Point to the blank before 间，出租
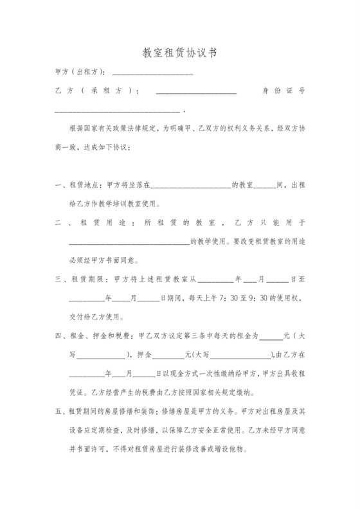[264, 186]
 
